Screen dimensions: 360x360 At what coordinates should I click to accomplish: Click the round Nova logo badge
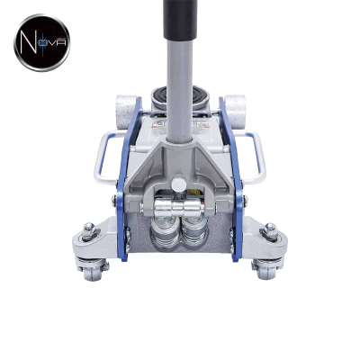pyautogui.click(x=41, y=42)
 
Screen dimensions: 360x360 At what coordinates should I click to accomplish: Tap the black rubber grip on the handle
pyautogui.click(x=180, y=20)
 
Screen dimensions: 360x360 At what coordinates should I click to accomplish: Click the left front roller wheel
pyautogui.click(x=126, y=107)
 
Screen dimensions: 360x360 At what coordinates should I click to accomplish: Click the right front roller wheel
pyautogui.click(x=235, y=107)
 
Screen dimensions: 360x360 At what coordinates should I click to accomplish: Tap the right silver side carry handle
pyautogui.click(x=251, y=156)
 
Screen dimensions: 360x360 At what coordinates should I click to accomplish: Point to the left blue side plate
pyautogui.click(x=128, y=180)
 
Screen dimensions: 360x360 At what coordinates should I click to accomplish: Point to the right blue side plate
pyautogui.click(x=232, y=180)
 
